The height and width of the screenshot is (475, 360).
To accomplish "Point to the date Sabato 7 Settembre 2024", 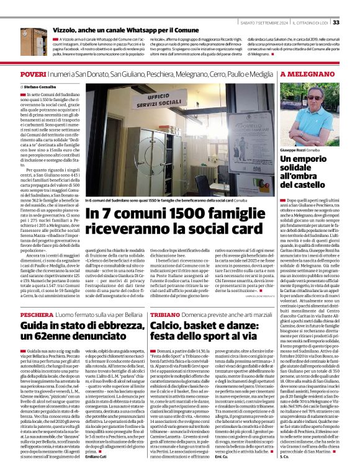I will [264, 6].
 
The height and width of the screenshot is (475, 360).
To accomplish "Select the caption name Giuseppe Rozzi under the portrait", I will [294, 150].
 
